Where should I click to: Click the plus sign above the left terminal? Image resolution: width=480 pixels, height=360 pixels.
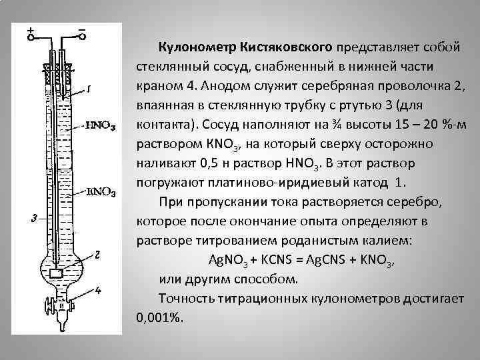pyautogui.click(x=30, y=31)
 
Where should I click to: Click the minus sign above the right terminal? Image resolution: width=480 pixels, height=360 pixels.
pyautogui.click(x=81, y=30)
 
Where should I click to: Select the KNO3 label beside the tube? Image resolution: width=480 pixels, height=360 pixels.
pyautogui.click(x=102, y=193)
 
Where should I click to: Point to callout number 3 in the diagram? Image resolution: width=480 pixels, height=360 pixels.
pyautogui.click(x=33, y=217)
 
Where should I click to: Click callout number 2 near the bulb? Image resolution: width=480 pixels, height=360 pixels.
pyautogui.click(x=97, y=255)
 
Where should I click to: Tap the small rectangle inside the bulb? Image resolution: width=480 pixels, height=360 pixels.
pyautogui.click(x=57, y=273)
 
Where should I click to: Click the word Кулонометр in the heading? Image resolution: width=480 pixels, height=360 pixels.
pyautogui.click(x=193, y=47)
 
